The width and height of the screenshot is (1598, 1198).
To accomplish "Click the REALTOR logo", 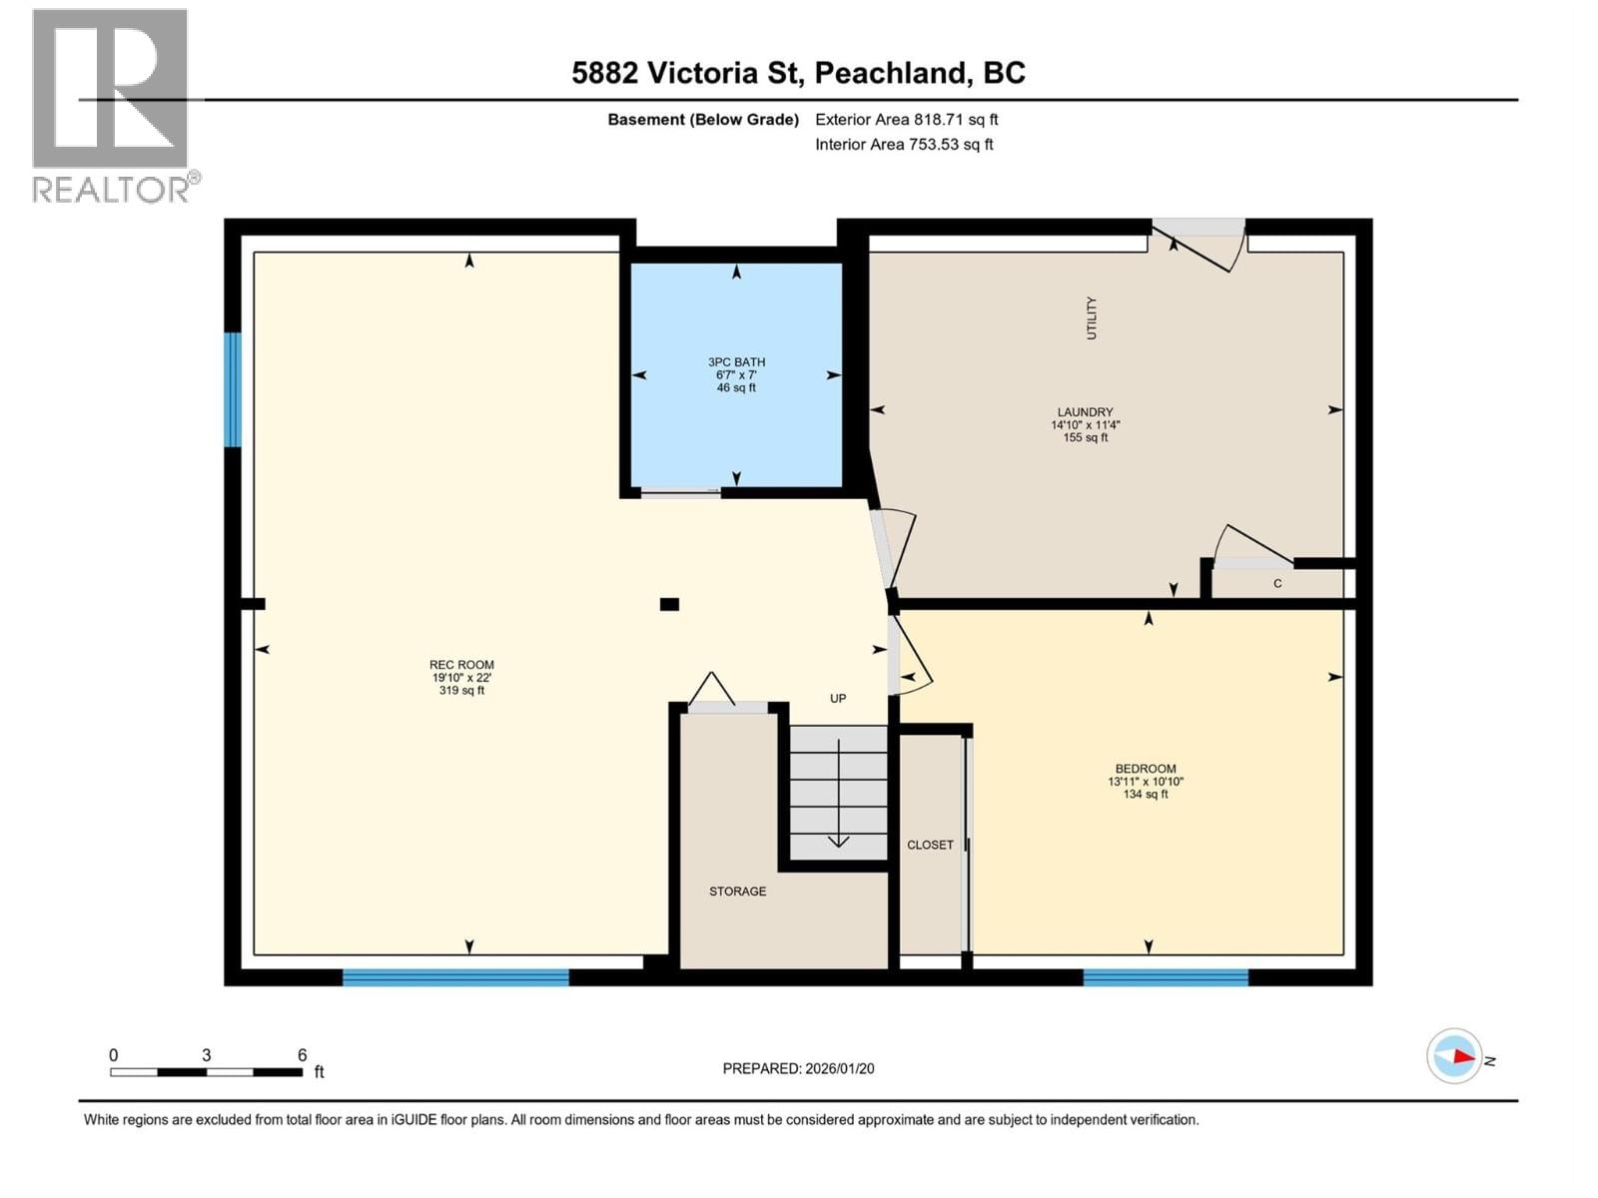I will pos(112,105).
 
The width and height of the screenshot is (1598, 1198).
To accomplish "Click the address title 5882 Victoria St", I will pos(798,73).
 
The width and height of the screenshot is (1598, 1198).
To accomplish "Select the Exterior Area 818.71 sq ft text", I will pos(906,120).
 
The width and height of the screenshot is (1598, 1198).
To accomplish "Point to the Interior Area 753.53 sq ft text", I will pos(904,145).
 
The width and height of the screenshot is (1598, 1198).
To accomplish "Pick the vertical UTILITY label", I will pos(1091,317).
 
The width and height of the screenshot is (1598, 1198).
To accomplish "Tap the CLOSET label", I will pos(930,845).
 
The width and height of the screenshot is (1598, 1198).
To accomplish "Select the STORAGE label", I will pos(737,892).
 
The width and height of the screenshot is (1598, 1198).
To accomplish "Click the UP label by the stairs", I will pos(838,699).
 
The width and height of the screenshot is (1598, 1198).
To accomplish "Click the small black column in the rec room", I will pos(669,604).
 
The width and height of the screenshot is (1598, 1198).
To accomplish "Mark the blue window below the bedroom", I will pos(1166,977).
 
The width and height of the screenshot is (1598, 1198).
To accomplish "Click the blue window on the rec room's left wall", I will pos(233,389).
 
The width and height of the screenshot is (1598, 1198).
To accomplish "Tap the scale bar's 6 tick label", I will pos(302,1055).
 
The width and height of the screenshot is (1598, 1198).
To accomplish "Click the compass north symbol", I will pos(1454,1056).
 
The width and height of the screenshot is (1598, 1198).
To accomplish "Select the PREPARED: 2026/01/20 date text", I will pos(798,1068).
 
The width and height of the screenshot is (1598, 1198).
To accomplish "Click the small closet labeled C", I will pos(1276,584).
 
